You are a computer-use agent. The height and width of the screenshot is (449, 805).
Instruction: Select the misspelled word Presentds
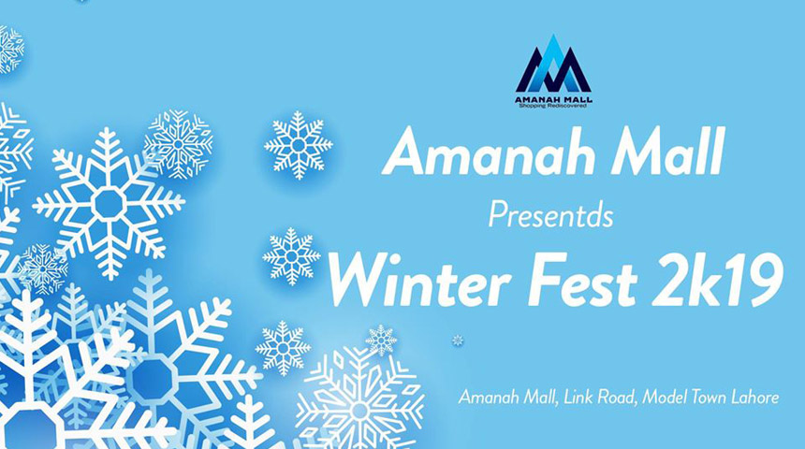(x=550, y=215)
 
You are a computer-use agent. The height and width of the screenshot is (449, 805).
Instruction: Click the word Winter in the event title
(x=419, y=281)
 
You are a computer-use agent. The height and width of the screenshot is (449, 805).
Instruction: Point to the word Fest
(x=588, y=281)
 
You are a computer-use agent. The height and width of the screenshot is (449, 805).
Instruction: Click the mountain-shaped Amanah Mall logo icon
(x=553, y=64)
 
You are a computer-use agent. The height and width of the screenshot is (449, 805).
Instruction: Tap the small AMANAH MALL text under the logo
(x=553, y=99)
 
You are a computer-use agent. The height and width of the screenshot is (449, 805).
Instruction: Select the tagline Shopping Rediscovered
(x=553, y=106)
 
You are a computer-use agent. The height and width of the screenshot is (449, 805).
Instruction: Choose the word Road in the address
(x=619, y=398)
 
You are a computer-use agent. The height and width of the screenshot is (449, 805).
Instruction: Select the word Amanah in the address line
(x=490, y=398)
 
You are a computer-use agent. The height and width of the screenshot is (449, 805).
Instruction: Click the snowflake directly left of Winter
(x=291, y=256)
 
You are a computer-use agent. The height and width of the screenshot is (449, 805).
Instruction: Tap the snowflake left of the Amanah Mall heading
(x=299, y=145)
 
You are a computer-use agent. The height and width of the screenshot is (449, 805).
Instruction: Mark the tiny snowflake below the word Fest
(x=458, y=340)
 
